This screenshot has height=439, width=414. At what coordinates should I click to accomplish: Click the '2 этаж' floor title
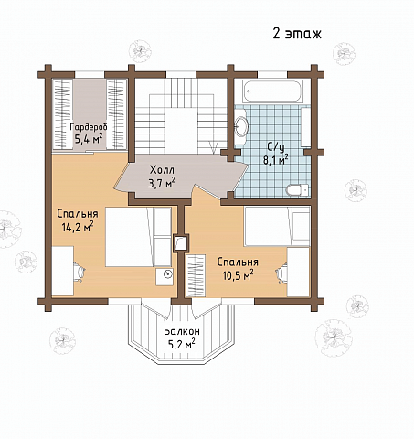click(x=297, y=34)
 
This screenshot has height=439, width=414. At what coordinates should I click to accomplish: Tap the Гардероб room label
click(x=89, y=127)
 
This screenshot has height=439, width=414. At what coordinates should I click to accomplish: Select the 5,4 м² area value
click(x=88, y=139)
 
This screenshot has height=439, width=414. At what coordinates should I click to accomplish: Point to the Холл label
click(x=162, y=169)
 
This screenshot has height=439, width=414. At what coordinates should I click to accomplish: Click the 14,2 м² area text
click(x=78, y=227)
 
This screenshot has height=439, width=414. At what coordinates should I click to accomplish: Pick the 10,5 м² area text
click(x=238, y=275)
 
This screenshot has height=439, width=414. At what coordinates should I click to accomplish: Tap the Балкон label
click(x=182, y=331)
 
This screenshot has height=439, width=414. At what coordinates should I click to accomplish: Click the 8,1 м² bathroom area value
click(x=275, y=160)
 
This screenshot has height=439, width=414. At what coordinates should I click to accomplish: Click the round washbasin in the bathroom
click(x=241, y=126)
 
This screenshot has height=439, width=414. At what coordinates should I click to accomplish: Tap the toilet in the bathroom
click(x=298, y=189)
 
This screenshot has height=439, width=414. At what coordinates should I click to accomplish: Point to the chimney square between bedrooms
click(x=181, y=243)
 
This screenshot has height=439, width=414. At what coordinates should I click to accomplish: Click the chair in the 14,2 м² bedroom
click(x=79, y=272)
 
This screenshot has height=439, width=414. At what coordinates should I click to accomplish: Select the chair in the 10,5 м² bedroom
click(x=281, y=273)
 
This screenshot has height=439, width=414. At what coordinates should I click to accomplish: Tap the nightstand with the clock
click(x=165, y=277)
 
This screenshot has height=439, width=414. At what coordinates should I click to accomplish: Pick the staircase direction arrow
click(x=215, y=146)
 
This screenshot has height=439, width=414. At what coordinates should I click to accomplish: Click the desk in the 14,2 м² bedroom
click(x=63, y=271)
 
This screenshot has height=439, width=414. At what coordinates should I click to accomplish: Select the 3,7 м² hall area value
click(x=162, y=183)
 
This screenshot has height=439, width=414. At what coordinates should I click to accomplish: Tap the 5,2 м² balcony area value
click(x=182, y=344)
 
